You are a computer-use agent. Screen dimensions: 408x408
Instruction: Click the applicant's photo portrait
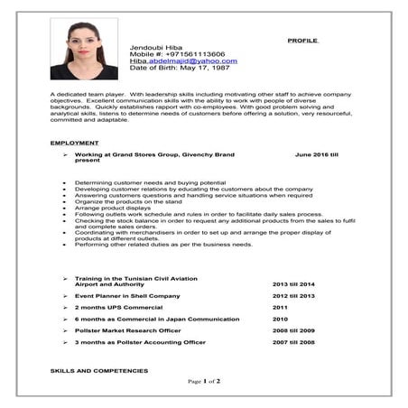click(84, 50)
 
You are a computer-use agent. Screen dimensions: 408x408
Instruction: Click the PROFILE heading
click(303, 42)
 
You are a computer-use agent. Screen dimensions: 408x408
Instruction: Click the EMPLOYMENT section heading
click(75, 144)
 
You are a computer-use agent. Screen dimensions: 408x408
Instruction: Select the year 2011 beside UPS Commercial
click(280, 307)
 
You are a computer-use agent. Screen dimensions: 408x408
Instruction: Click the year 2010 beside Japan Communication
click(280, 319)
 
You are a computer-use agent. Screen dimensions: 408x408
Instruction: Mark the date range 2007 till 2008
click(294, 342)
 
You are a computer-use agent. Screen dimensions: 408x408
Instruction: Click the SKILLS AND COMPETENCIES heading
click(99, 371)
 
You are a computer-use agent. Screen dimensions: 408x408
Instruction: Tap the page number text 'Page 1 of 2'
click(204, 381)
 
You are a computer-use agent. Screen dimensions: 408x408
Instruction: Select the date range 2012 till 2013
click(294, 295)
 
